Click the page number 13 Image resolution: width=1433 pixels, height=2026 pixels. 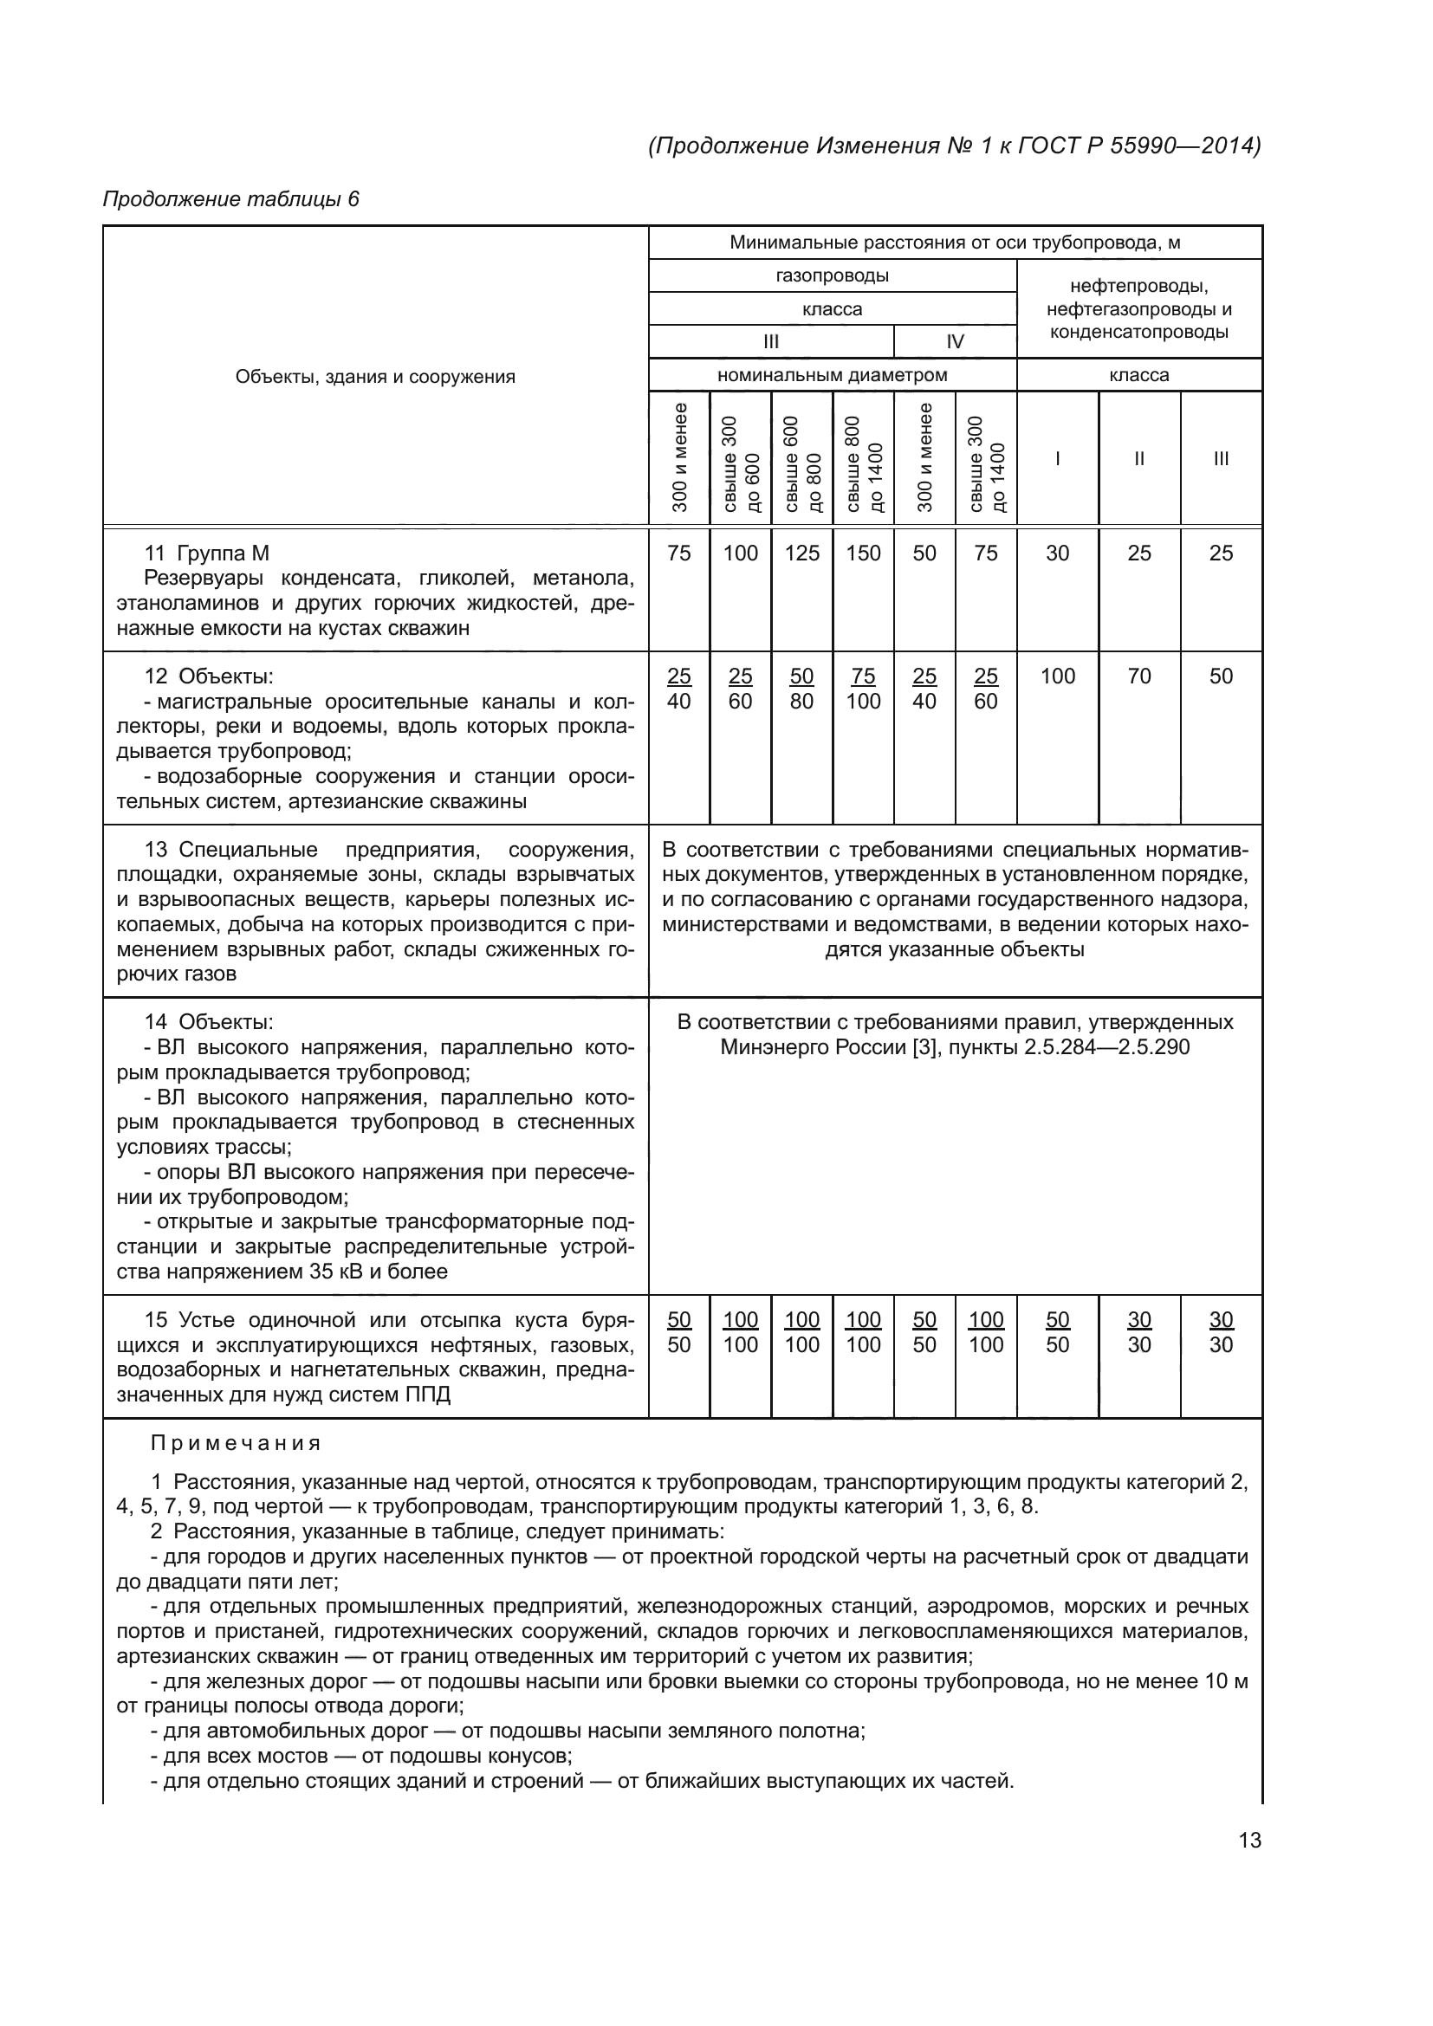[x=1249, y=1840]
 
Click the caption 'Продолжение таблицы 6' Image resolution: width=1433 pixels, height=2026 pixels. [x=231, y=199]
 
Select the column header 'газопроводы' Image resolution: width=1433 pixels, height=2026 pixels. [x=832, y=275]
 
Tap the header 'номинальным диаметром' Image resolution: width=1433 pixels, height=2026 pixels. [x=832, y=375]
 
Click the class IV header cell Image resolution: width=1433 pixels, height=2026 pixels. [x=955, y=341]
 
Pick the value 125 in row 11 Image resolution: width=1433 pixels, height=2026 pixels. [x=802, y=553]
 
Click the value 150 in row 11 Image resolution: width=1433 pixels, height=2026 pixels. [x=863, y=553]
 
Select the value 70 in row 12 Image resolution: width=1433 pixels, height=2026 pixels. [x=1139, y=676]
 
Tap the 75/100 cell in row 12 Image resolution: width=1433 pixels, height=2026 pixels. [x=863, y=689]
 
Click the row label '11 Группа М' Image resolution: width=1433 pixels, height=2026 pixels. [x=206, y=553]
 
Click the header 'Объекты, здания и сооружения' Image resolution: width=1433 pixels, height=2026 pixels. [x=375, y=377]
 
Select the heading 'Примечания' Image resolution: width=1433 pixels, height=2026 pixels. [x=236, y=1444]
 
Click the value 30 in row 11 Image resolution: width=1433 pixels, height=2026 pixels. [x=1057, y=553]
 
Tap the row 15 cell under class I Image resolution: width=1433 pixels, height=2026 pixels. [x=1057, y=1332]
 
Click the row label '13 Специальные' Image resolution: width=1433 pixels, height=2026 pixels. [x=231, y=850]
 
